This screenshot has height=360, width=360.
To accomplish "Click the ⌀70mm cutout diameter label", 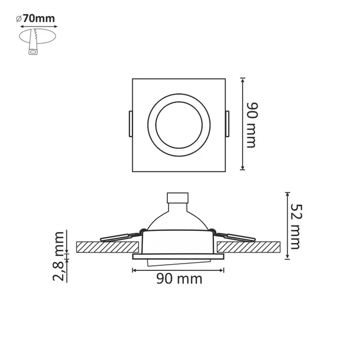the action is click(35, 19).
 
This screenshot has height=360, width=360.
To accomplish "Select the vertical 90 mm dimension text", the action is click(252, 125).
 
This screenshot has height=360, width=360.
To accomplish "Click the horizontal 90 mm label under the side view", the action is click(179, 279).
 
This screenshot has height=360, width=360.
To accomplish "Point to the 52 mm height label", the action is click(296, 227).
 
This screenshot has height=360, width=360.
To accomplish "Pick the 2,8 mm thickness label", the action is click(58, 256).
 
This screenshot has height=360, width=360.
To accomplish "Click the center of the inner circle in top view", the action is click(179, 125).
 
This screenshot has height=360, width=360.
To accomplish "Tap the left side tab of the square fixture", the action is click(131, 124).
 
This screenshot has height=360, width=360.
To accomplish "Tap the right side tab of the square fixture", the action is click(227, 124).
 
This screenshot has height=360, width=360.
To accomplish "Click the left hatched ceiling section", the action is click(107, 247).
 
